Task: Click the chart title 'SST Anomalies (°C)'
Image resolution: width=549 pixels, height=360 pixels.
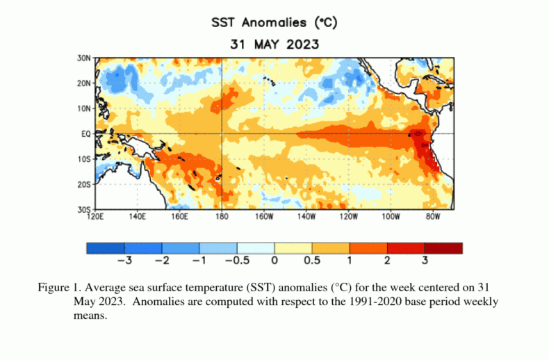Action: pyautogui.click(x=274, y=22)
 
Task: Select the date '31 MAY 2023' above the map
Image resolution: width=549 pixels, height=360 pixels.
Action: pyautogui.click(x=274, y=44)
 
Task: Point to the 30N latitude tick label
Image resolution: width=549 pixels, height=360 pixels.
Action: pyautogui.click(x=84, y=58)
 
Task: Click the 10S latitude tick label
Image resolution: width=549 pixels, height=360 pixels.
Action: pyautogui.click(x=84, y=158)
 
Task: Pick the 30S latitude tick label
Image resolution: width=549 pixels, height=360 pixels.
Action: pyautogui.click(x=84, y=209)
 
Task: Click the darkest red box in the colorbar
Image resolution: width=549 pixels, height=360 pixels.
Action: pyautogui.click(x=443, y=248)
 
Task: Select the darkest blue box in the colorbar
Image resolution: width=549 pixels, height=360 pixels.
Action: pyautogui.click(x=106, y=248)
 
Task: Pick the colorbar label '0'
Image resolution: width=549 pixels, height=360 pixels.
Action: pyautogui.click(x=274, y=261)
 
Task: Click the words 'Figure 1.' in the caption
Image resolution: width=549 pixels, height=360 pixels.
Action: pyautogui.click(x=58, y=287)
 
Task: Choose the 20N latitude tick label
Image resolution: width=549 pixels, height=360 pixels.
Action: pyautogui.click(x=84, y=83)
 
